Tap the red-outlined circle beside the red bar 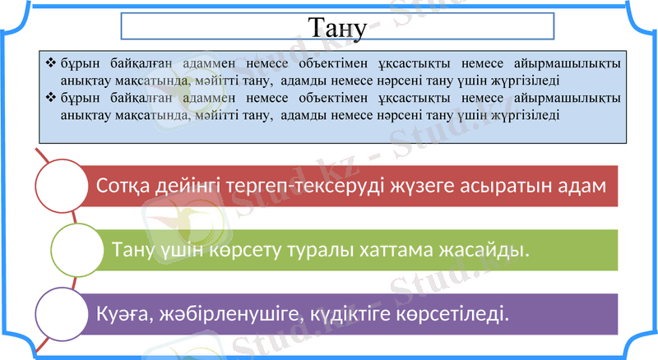coord(62,187)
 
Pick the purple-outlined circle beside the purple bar coord(62,314)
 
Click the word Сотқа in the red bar coord(123,187)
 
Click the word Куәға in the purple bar coord(122,314)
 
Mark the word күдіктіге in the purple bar coord(345,314)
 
